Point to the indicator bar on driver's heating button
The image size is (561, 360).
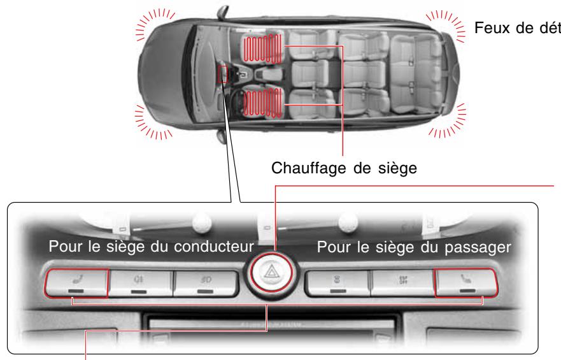pos(76,292)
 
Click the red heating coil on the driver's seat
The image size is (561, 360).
pos(262,104)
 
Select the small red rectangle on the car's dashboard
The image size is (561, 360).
pos(222,75)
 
